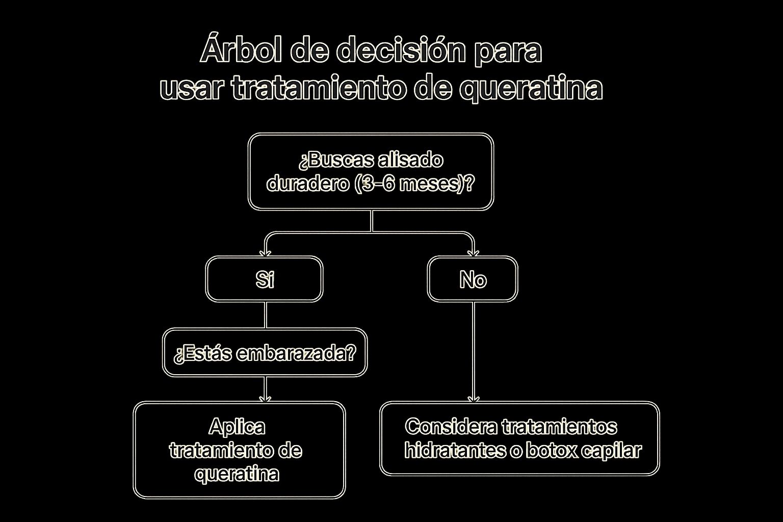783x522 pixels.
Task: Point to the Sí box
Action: click(264, 279)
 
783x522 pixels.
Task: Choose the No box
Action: click(473, 279)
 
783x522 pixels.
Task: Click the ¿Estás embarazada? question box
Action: click(265, 352)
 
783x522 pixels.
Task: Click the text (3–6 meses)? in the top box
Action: click(415, 184)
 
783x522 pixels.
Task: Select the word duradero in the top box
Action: click(308, 183)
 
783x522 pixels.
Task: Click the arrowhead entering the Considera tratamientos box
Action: click(474, 399)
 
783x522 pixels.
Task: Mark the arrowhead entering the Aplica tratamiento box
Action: click(265, 399)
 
